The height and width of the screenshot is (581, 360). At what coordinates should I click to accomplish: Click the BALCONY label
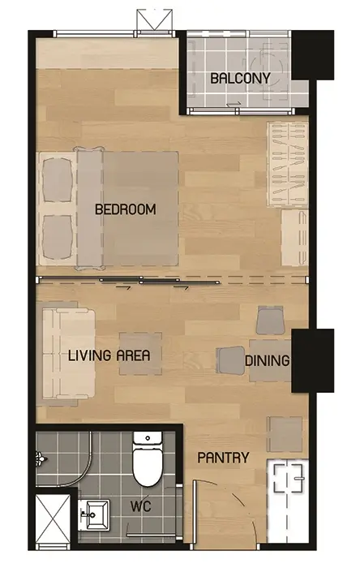point(240,78)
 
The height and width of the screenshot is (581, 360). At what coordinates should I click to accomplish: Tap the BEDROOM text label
point(126,209)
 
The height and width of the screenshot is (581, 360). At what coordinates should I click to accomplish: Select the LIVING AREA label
point(109,355)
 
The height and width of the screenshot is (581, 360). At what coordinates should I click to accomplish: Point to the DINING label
point(267,360)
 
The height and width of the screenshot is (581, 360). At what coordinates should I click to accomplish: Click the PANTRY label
point(223,458)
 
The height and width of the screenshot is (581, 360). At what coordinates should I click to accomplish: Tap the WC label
point(141,506)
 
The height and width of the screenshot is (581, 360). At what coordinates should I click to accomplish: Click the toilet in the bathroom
point(148,458)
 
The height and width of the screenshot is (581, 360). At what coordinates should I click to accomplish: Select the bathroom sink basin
point(94,515)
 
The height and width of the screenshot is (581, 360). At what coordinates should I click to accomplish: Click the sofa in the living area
point(69,354)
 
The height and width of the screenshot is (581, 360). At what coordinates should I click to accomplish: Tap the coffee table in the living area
point(140,354)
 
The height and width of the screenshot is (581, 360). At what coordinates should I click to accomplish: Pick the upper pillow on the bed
point(58,180)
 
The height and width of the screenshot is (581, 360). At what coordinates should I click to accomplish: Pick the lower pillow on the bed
point(58,238)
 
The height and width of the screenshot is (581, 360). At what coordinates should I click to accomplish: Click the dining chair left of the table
point(230,359)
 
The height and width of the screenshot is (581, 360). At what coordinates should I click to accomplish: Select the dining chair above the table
point(270,321)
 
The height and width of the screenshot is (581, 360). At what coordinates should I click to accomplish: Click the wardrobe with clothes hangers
point(288,164)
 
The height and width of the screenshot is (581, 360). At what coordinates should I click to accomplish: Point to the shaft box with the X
point(53,518)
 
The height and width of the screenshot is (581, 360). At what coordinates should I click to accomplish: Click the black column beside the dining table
point(313,360)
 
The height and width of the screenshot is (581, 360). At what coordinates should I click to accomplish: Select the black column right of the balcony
point(313,55)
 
